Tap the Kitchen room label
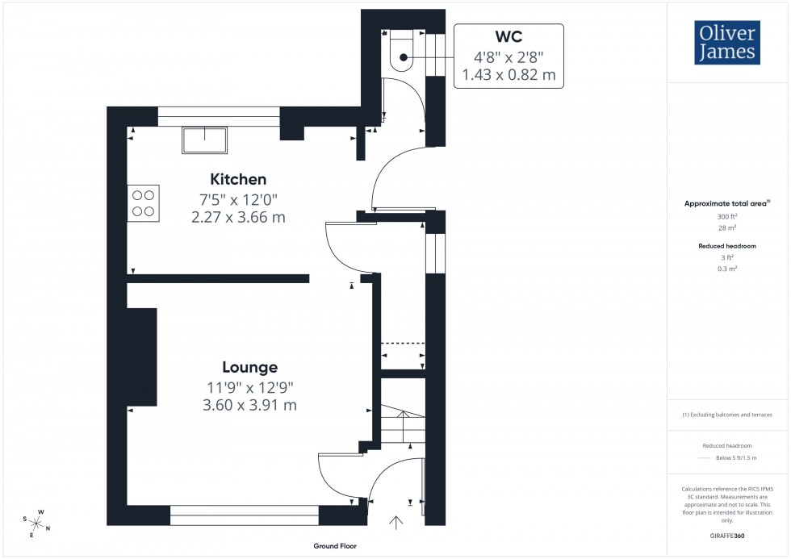[x=238, y=179]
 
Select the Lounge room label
[x=249, y=367]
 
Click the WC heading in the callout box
[x=508, y=38]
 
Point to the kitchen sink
[x=205, y=140]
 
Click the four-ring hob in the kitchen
[x=143, y=203]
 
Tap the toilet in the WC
[x=401, y=50]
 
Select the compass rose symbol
[x=37, y=523]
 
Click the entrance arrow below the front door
[x=395, y=524]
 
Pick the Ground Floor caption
[x=335, y=546]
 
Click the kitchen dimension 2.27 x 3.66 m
[x=238, y=217]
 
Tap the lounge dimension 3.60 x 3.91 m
[x=249, y=405]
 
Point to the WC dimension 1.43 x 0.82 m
[x=508, y=75]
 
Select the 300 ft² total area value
[x=728, y=217]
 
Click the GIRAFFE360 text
[x=728, y=535]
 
